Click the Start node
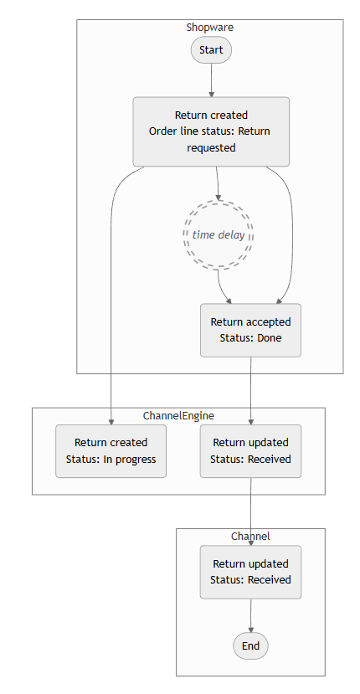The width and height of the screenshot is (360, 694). (211, 50)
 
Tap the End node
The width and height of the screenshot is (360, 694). (250, 645)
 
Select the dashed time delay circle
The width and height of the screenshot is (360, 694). (219, 234)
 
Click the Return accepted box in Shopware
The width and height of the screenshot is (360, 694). (250, 330)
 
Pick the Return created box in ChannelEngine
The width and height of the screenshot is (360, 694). (111, 450)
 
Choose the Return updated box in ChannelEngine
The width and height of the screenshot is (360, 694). (250, 450)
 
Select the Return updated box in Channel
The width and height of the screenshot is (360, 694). (250, 572)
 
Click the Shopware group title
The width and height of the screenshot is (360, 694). (210, 27)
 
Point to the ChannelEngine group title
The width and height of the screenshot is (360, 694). (178, 415)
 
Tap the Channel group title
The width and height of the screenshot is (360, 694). (250, 536)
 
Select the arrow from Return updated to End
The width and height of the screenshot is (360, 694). (250, 614)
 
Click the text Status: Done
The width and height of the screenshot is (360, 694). (250, 338)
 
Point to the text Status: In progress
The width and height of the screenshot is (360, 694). (111, 459)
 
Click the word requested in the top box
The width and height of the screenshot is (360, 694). (211, 147)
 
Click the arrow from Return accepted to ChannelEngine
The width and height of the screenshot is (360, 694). (250, 389)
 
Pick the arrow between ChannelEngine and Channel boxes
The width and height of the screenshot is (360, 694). (250, 511)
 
